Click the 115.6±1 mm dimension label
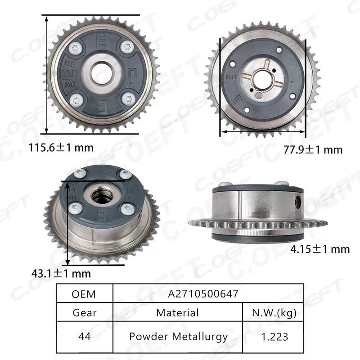(61, 147)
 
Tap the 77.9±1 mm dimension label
(313, 149)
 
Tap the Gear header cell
(84, 312)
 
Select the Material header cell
(177, 312)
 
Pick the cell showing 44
(84, 336)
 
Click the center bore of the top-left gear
(103, 72)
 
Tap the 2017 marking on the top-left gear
(71, 83)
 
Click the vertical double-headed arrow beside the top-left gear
(47, 74)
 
